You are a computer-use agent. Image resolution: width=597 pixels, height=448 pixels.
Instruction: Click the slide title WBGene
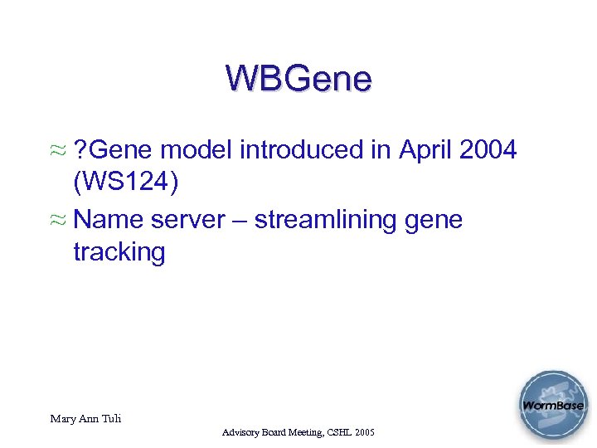coord(298,79)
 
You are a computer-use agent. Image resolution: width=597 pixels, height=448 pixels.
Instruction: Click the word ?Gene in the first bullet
coord(114,150)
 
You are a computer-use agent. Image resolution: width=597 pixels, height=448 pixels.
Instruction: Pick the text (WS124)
coord(125,183)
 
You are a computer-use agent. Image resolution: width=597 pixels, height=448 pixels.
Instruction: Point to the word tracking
coord(119,252)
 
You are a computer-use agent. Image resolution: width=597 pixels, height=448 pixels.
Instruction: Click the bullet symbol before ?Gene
coord(57,152)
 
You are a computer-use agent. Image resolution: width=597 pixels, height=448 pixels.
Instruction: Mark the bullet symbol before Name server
coord(57,222)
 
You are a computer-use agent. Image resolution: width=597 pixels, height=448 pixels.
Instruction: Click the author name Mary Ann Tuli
coord(85,419)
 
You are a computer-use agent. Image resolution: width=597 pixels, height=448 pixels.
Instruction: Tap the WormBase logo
coord(552,407)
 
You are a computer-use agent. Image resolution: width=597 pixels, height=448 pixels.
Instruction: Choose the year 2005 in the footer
coord(364,433)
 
